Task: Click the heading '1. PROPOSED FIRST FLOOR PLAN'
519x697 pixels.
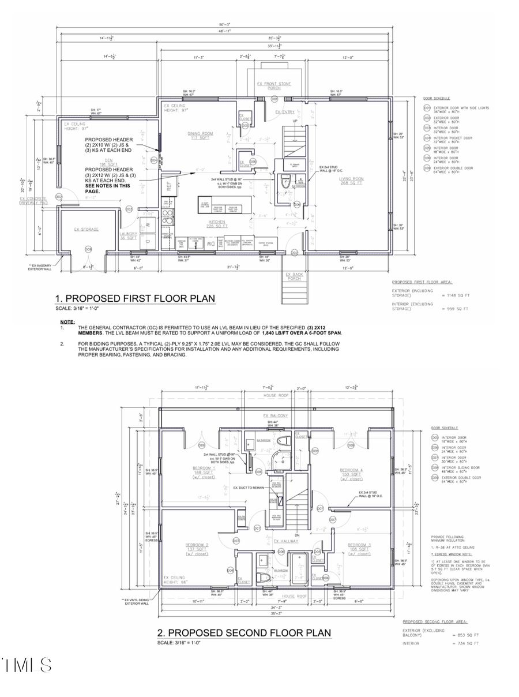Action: [135, 298]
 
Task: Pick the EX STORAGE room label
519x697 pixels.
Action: [86, 229]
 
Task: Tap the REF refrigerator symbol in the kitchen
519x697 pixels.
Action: [170, 186]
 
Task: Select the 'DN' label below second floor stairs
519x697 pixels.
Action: [297, 535]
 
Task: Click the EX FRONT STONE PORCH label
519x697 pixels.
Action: [274, 86]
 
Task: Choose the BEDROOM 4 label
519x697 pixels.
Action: [351, 472]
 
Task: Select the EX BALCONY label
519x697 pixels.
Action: [275, 415]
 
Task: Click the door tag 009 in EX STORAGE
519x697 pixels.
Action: [88, 249]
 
